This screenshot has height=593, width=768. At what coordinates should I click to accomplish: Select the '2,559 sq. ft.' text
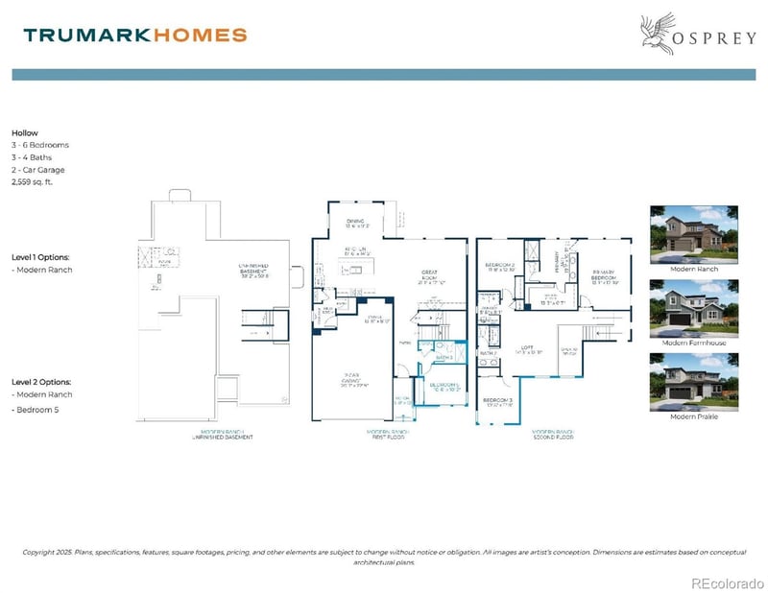click(x=34, y=180)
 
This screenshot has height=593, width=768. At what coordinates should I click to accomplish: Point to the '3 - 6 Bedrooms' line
click(x=40, y=145)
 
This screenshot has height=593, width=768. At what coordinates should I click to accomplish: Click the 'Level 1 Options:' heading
click(x=41, y=257)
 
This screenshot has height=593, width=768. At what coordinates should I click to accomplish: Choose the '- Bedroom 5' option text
click(x=39, y=410)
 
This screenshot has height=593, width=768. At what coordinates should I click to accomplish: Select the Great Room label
click(x=430, y=278)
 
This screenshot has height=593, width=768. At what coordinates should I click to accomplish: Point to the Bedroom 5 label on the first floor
click(x=444, y=387)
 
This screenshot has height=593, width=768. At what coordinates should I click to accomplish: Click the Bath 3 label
click(x=443, y=357)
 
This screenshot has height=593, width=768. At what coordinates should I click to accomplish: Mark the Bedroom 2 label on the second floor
click(x=500, y=266)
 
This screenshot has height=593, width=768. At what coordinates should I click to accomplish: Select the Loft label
click(x=524, y=351)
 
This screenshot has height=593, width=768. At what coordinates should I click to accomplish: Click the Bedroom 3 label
click(x=498, y=402)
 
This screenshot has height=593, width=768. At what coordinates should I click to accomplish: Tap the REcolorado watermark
click(x=727, y=581)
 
